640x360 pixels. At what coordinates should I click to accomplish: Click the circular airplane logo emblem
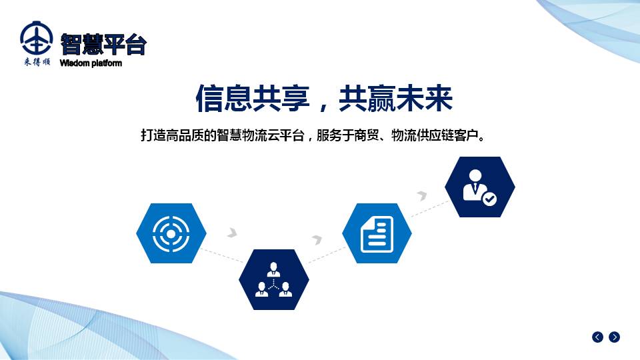click(36, 38)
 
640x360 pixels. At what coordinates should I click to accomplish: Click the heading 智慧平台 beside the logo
click(103, 44)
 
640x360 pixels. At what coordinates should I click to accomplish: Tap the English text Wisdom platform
click(91, 63)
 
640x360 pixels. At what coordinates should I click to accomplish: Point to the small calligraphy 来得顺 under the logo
click(37, 61)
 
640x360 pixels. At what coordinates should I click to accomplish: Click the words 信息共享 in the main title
click(253, 99)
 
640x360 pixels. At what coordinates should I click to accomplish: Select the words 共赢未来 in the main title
click(395, 99)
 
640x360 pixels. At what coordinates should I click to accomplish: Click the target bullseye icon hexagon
click(171, 233)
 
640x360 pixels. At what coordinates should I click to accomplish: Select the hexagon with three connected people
click(274, 279)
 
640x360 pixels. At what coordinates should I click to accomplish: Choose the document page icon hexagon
click(377, 233)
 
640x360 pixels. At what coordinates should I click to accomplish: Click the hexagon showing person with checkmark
click(480, 187)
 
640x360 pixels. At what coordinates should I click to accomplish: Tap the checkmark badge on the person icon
click(489, 199)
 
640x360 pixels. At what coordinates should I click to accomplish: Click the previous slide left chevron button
click(597, 337)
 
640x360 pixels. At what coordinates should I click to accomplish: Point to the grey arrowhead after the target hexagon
click(232, 233)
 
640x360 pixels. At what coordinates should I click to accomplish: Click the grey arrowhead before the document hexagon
click(317, 239)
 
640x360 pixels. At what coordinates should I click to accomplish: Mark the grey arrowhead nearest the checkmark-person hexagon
click(422, 195)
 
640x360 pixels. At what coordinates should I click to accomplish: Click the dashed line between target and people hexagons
click(223, 255)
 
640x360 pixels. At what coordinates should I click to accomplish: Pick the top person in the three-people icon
click(273, 270)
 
